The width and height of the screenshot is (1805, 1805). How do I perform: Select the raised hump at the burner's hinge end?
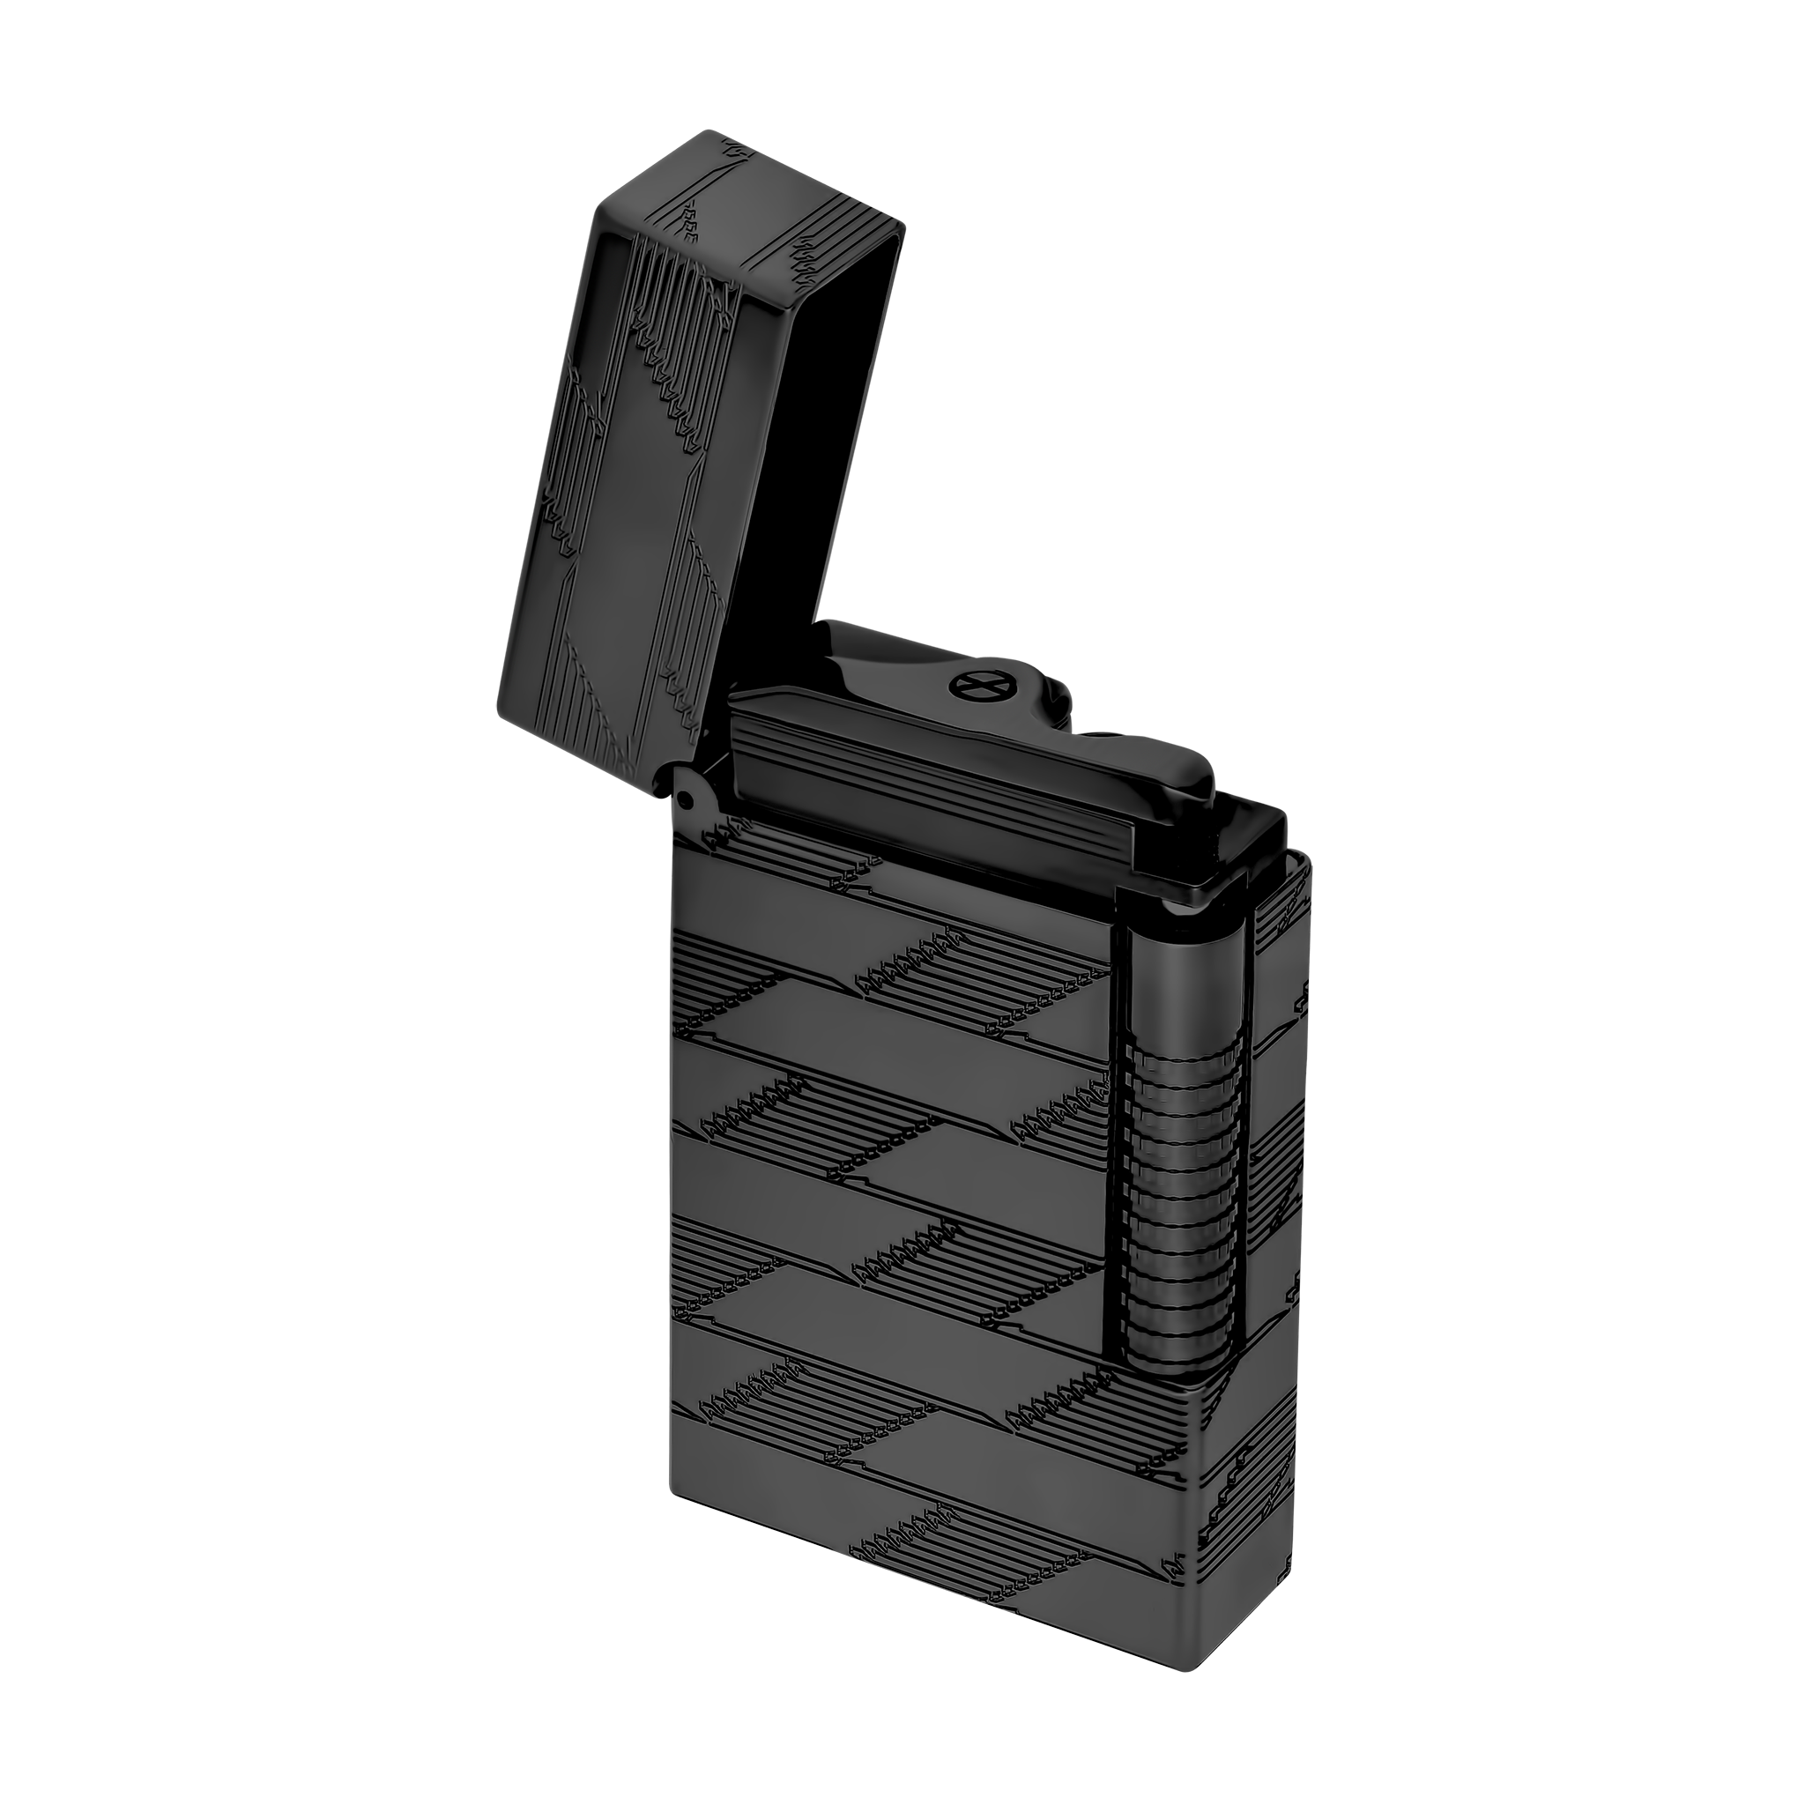pyautogui.click(x=851, y=650)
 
